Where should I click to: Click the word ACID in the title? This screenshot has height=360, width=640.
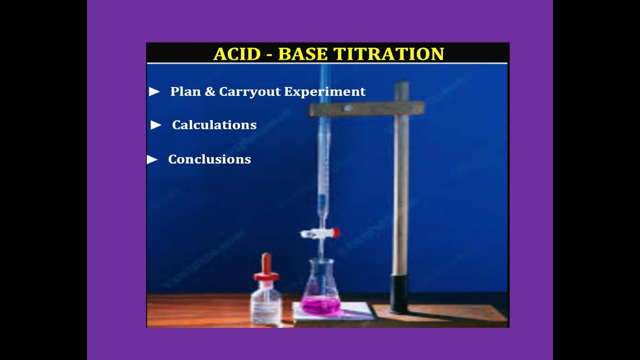[236, 54]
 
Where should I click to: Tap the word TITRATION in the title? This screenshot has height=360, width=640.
[388, 54]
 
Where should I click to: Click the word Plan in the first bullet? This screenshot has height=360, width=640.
[184, 91]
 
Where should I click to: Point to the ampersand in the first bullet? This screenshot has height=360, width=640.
[208, 92]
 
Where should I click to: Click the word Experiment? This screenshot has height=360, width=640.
[325, 92]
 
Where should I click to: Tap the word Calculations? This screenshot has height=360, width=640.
[214, 125]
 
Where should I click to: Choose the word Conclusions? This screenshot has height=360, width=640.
[209, 159]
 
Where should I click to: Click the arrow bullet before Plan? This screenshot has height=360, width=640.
[154, 91]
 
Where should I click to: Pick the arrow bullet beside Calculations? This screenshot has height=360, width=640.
[156, 125]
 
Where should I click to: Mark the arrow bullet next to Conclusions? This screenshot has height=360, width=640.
[152, 159]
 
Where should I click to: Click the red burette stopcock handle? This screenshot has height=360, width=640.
[335, 233]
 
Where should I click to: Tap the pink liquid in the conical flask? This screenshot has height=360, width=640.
[320, 304]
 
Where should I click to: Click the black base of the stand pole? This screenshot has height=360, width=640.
[399, 293]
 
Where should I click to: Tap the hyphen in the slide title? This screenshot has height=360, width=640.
[269, 54]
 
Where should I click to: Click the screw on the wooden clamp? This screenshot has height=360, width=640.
[347, 108]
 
